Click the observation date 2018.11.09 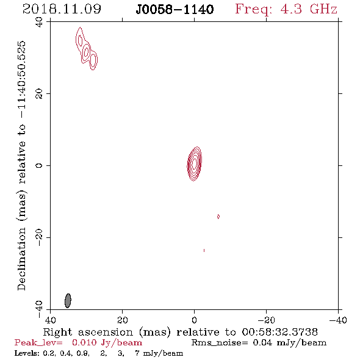[x=62, y=9]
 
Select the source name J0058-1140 [x=175, y=9]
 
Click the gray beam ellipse [x=68, y=301]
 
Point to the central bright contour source [x=194, y=164]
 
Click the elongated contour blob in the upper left [x=86, y=48]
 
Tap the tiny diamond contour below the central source [x=218, y=217]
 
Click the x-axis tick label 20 [x=122, y=320]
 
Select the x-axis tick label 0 [x=194, y=320]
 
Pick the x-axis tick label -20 [x=266, y=320]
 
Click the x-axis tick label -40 [x=338, y=320]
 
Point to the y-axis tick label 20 [x=39, y=94]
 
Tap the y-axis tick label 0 [x=39, y=165]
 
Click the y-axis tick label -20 [x=39, y=237]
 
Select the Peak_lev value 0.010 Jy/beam [x=107, y=342]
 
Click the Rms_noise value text [x=259, y=342]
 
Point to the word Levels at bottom [x=27, y=353]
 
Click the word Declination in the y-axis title [x=21, y=259]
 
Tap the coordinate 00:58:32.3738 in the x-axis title [x=279, y=332]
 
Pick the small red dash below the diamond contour [x=204, y=251]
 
